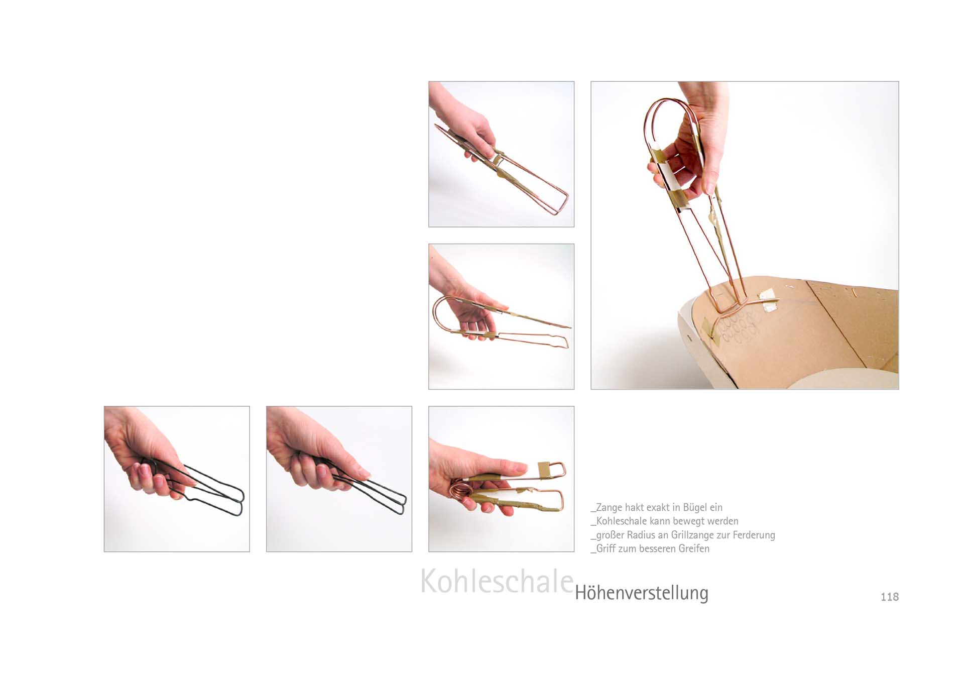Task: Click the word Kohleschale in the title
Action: tap(497, 581)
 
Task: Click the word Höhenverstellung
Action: tap(642, 593)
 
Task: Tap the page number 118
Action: tap(889, 597)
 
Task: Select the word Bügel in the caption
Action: tap(695, 508)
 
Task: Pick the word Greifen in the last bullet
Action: tap(694, 548)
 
